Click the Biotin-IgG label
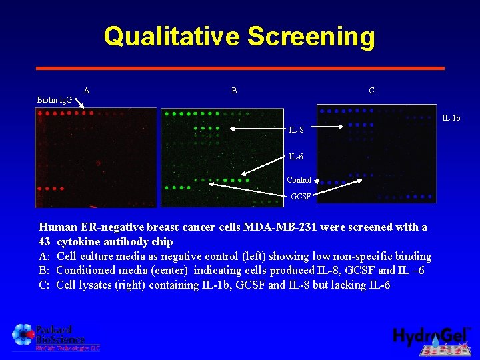pyautogui.click(x=55, y=100)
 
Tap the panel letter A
pyautogui.click(x=87, y=91)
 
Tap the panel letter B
pyautogui.click(x=234, y=91)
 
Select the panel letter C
pyautogui.click(x=371, y=91)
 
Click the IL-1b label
pyautogui.click(x=451, y=119)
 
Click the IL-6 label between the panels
pyautogui.click(x=296, y=157)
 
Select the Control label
pyautogui.click(x=299, y=180)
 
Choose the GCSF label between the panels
pyautogui.click(x=301, y=197)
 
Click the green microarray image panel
pyautogui.click(x=222, y=157)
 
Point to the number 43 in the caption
pyautogui.click(x=45, y=242)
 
